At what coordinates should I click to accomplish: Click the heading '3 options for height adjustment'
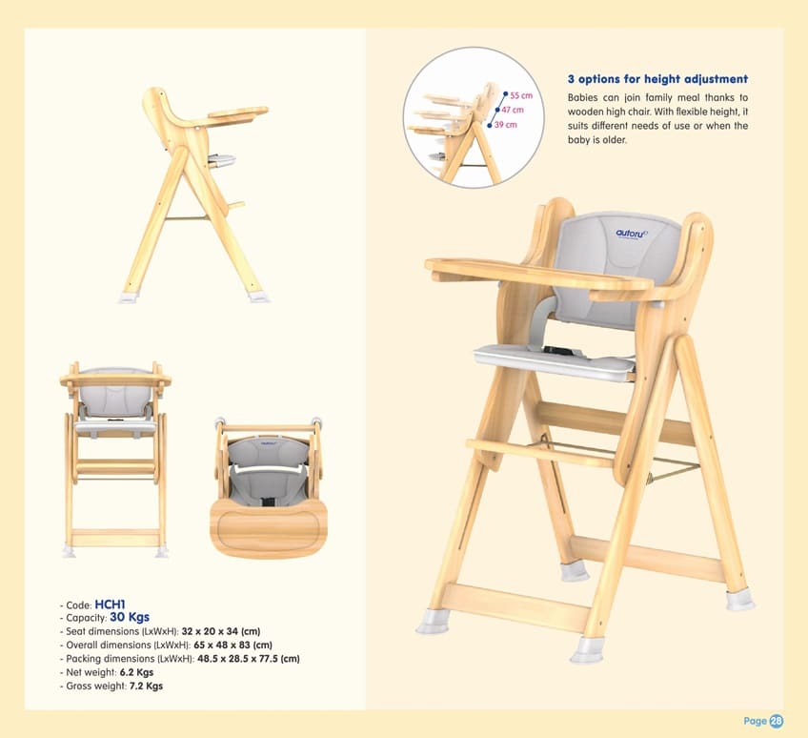(657, 79)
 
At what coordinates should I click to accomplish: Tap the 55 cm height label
(520, 96)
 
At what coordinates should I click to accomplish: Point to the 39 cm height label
(505, 125)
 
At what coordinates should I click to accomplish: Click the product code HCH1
(111, 604)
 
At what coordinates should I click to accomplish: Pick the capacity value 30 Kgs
(130, 617)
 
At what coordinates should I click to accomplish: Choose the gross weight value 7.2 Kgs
(146, 686)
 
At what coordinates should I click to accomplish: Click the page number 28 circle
(777, 721)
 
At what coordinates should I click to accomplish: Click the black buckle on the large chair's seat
(558, 353)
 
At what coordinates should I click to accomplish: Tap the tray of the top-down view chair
(268, 525)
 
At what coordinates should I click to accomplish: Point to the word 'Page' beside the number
(755, 721)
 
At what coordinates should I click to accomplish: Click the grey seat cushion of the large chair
(553, 360)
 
